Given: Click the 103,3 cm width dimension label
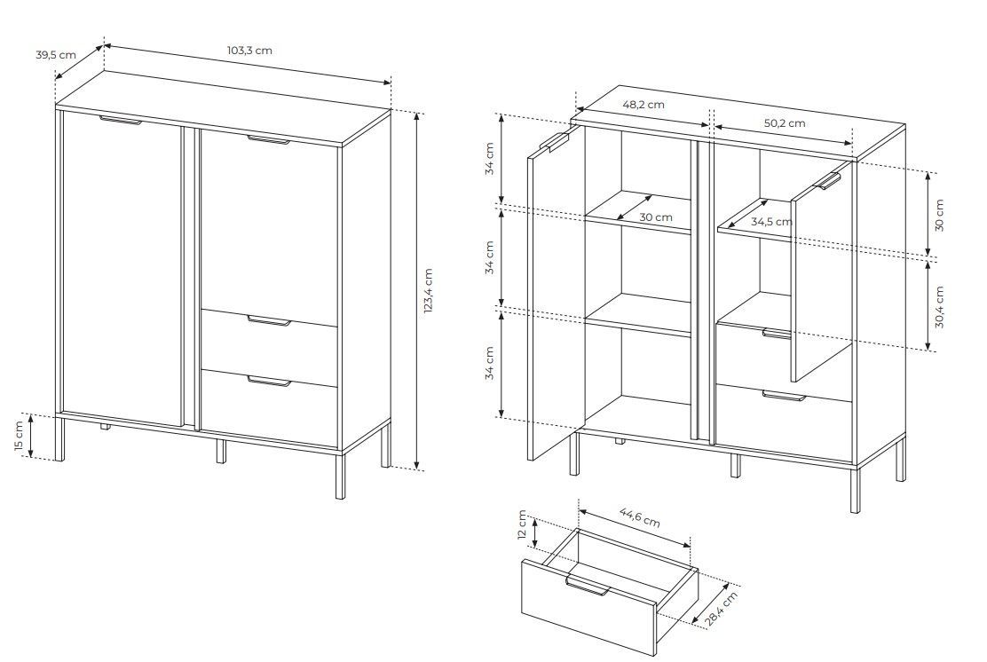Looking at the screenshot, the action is coord(250,51).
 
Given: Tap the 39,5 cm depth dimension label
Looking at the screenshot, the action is coord(55,55).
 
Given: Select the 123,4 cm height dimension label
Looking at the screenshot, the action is coord(428,291).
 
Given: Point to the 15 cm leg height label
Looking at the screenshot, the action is coord(19,436).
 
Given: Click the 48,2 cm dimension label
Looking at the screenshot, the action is coord(644,105).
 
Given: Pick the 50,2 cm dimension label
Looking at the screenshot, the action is coord(785,122).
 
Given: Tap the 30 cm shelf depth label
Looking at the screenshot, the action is coord(656,217).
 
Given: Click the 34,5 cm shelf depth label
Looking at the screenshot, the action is coord(771,222).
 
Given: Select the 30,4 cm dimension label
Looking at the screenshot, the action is coord(939,307).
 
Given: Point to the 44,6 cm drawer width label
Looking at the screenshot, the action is coord(640,517).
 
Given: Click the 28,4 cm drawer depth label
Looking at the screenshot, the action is coord(721,609).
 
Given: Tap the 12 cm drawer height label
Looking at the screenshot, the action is coord(522,524).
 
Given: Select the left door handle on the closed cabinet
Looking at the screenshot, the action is coord(121,120).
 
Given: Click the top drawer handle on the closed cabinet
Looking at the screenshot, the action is coord(270,321).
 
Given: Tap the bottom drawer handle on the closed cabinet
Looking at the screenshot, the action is coord(270,381).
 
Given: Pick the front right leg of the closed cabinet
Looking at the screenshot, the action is coord(340,475).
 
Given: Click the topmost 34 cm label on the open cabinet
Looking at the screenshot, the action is coord(490,159).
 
